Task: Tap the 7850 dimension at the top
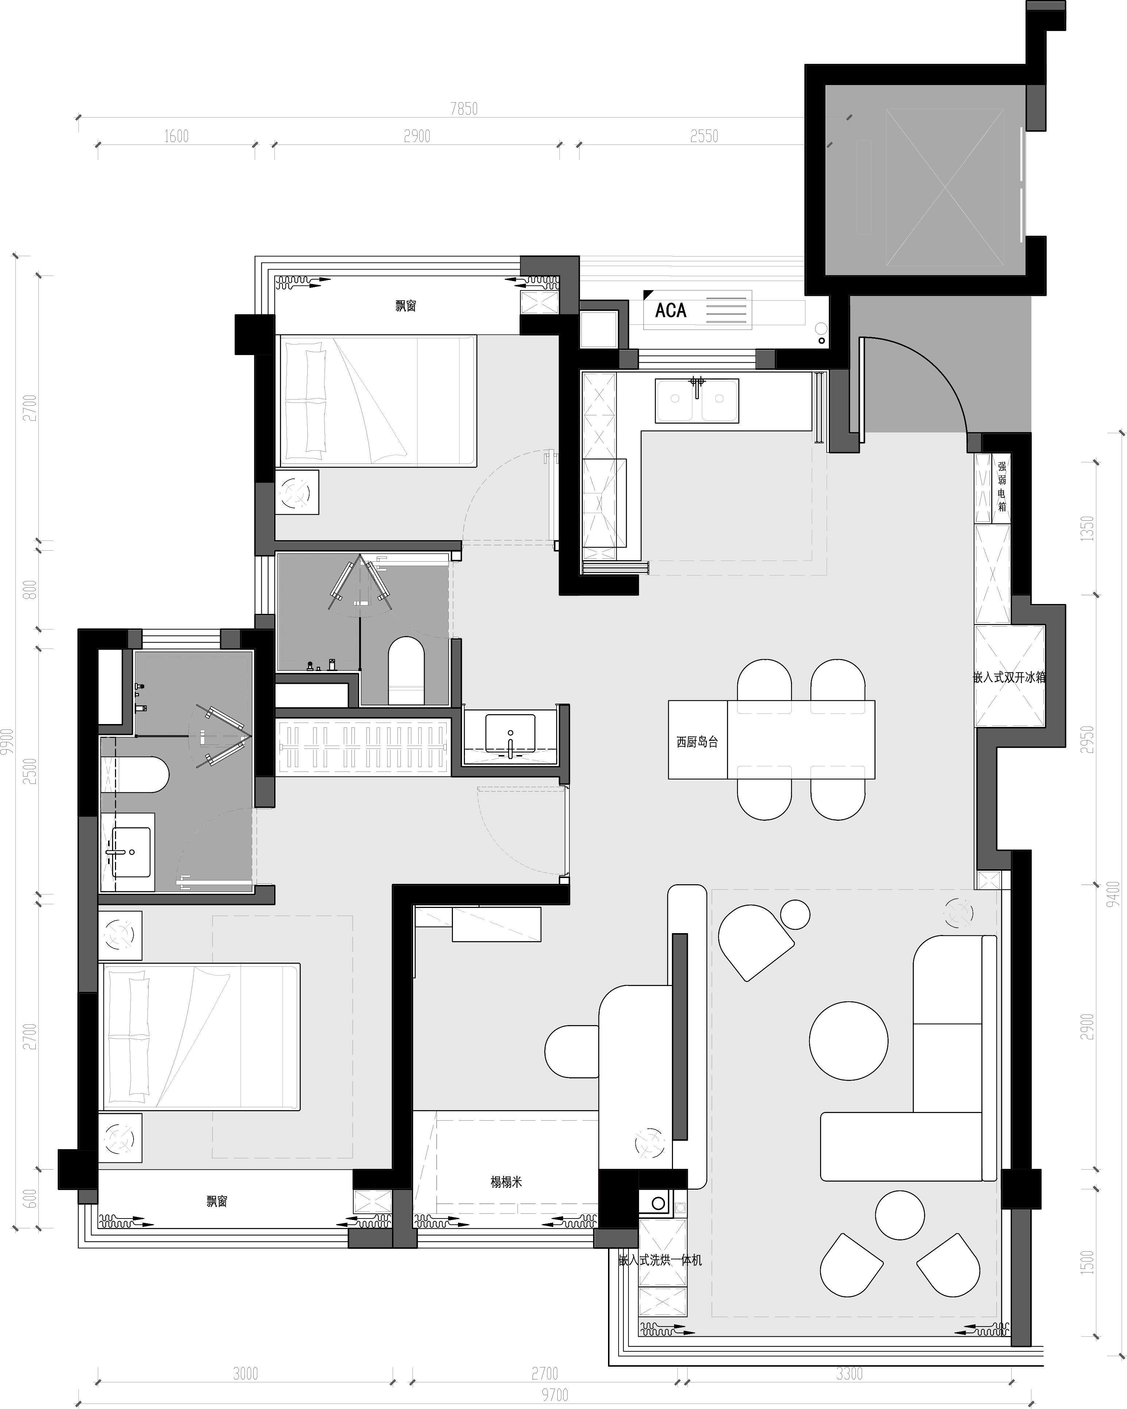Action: click(x=464, y=109)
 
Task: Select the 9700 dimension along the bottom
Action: click(x=554, y=1395)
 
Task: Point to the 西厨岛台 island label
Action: click(x=697, y=742)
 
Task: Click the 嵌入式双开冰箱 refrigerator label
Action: click(x=1009, y=677)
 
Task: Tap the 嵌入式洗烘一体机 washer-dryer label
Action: click(x=660, y=1260)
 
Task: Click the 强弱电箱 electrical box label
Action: click(x=1001, y=487)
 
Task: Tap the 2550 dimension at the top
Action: click(x=704, y=136)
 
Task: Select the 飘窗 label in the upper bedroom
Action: click(x=405, y=305)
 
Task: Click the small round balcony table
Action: click(x=900, y=1215)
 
